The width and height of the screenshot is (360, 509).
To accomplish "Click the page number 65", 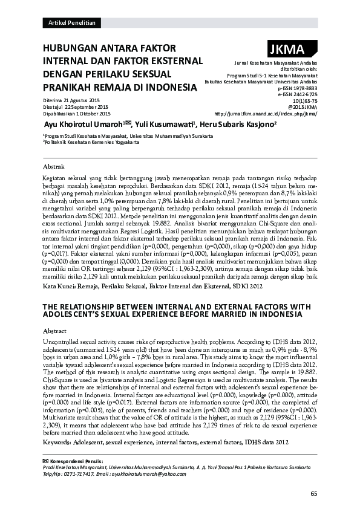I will (x=313, y=494).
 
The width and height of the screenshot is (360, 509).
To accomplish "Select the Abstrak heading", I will (x=54, y=166).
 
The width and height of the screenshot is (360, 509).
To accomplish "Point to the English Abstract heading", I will (x=55, y=332).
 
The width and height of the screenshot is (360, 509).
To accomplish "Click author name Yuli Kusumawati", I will (x=163, y=123).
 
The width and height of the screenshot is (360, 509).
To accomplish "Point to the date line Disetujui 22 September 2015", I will (x=74, y=106).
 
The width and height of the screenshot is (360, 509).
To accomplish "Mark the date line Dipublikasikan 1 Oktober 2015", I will (x=76, y=113).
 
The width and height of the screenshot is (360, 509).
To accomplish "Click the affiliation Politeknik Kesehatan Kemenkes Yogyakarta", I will (x=91, y=143).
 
